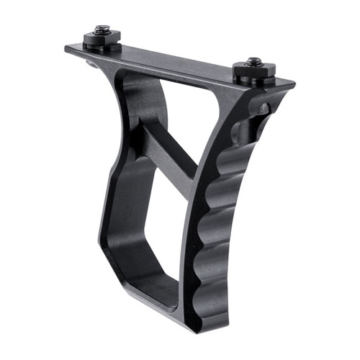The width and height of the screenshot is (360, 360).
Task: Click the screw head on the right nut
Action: pos(254,62)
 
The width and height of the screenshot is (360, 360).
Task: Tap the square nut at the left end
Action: pos(101,39)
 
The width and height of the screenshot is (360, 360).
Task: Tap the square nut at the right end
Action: pos(253,72)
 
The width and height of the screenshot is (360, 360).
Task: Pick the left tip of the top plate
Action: pos(67,49)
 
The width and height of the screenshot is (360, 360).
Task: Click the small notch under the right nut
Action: pos(264,109)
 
